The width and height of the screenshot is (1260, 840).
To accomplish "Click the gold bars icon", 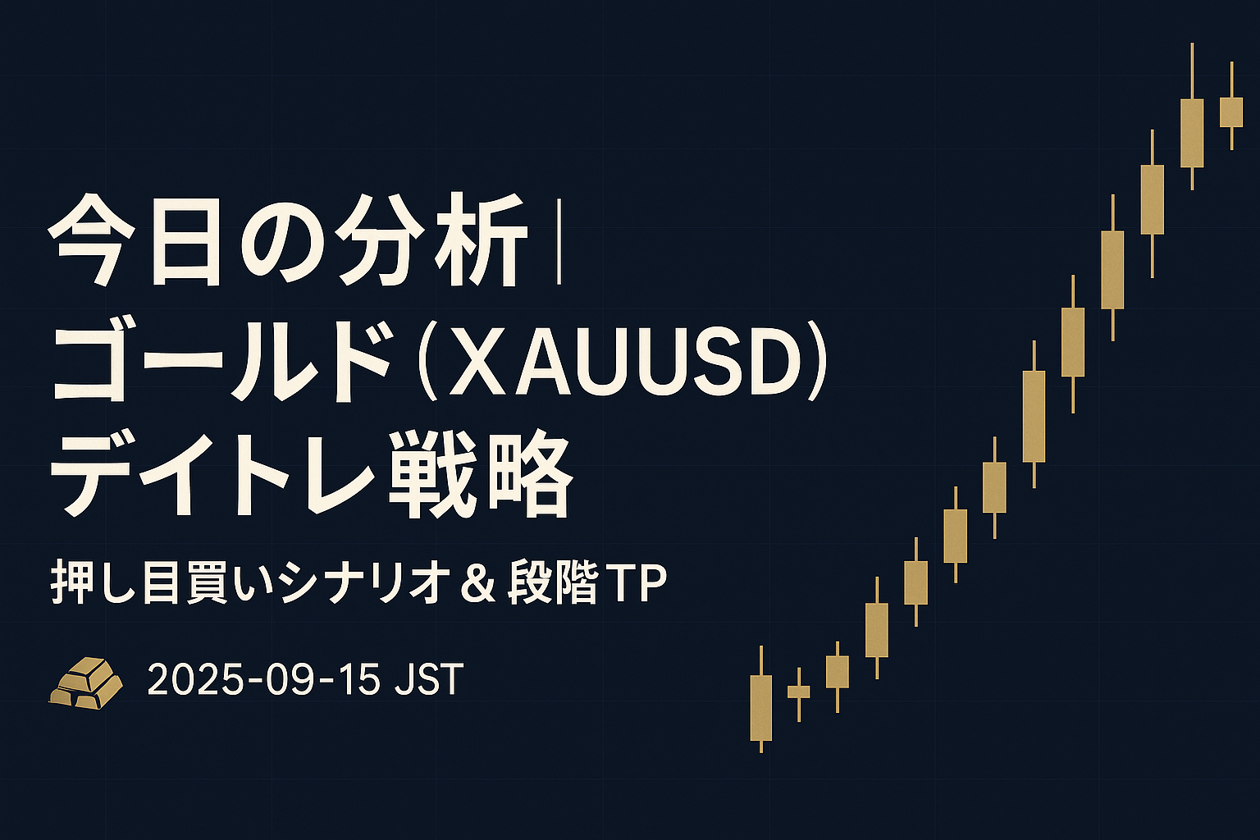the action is [85, 682].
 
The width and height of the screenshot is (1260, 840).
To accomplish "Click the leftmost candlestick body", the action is [761, 708].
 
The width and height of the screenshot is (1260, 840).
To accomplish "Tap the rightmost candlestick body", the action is [1231, 112].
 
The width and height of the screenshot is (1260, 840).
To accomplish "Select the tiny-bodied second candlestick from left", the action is [799, 692].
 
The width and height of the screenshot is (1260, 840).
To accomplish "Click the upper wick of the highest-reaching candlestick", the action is [1192, 71].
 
